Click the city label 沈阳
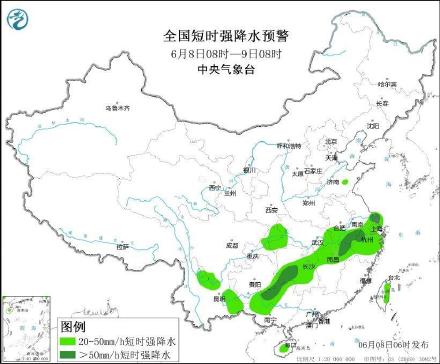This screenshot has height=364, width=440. click(x=372, y=126)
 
